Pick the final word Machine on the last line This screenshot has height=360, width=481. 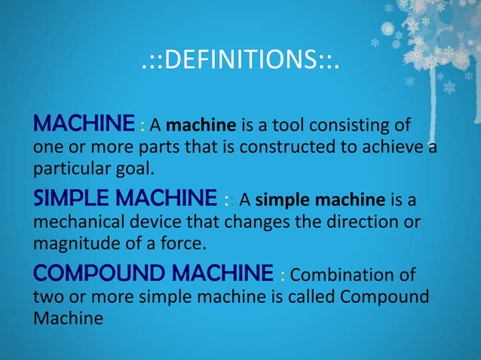tap(67, 317)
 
